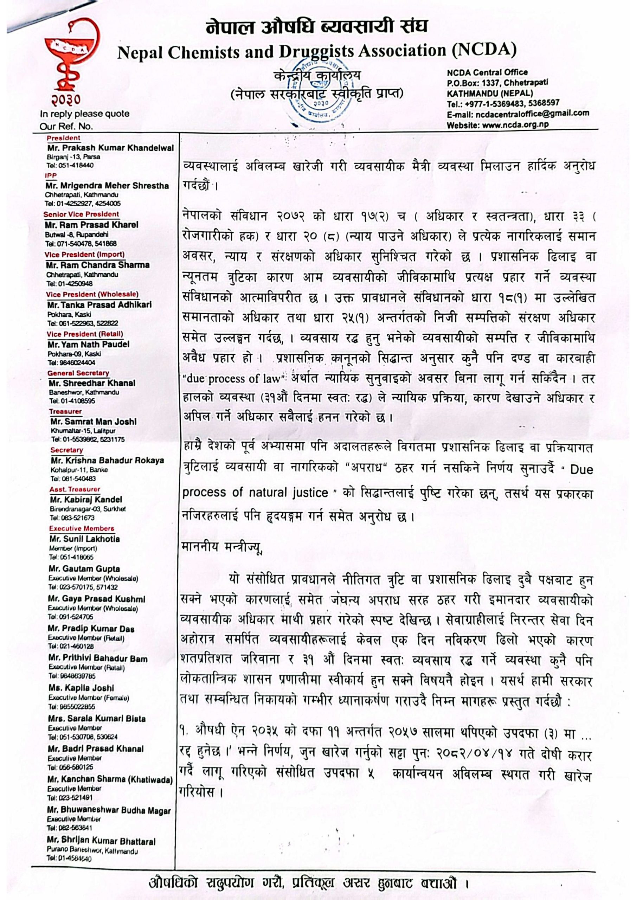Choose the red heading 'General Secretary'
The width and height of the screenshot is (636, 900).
tap(78, 373)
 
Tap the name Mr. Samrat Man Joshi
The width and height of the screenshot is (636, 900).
tap(94, 422)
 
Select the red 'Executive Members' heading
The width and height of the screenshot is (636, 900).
tap(82, 528)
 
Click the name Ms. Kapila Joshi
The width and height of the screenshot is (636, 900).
tap(81, 688)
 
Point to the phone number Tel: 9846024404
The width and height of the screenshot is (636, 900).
tap(71, 362)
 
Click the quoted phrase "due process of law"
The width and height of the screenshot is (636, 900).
tap(233, 379)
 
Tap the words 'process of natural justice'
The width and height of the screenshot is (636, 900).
tap(255, 492)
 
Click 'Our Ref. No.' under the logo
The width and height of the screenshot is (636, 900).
tap(66, 126)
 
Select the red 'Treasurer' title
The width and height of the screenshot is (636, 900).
tap(65, 411)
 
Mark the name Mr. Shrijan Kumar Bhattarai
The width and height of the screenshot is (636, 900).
tap(101, 842)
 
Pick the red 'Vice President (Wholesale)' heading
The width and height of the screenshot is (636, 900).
tap(92, 294)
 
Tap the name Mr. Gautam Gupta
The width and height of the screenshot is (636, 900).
tap(84, 569)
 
